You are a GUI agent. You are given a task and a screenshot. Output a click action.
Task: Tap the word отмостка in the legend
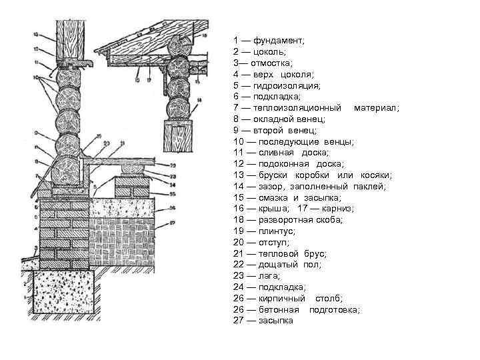[x=267, y=63]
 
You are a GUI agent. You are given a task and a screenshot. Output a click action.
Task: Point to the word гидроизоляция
[x=287, y=85]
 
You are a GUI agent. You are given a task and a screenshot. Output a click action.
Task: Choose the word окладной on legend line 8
[x=269, y=119]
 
